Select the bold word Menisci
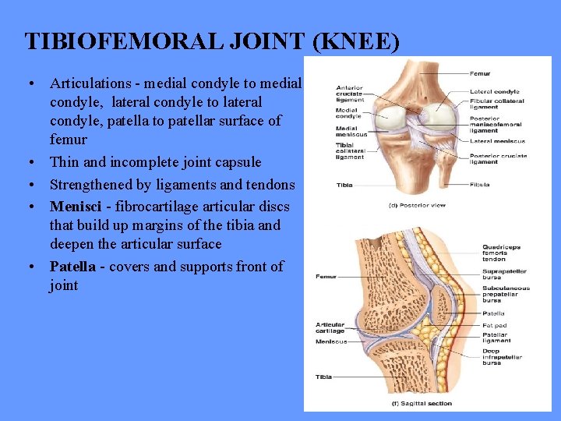(77, 207)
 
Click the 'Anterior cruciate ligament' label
(349, 94)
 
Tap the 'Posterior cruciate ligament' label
(499, 158)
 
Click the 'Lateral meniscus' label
(497, 141)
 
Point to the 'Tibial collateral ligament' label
(350, 152)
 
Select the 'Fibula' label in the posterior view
(480, 185)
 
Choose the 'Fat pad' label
(494, 325)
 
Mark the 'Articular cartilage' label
(330, 327)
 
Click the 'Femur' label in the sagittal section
(326, 276)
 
